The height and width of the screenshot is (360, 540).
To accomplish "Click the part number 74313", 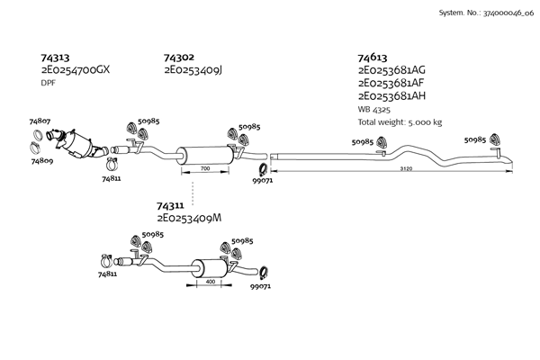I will click(56, 57).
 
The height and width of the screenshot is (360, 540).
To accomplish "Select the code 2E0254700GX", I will click(76, 69).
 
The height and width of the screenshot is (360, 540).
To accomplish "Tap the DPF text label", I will click(49, 83).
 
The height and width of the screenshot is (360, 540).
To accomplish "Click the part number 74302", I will click(178, 57).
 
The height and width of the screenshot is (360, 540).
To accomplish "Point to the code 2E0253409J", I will click(193, 69).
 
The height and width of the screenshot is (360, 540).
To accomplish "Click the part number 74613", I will click(373, 57).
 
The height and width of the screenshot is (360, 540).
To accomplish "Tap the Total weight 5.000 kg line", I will click(400, 121).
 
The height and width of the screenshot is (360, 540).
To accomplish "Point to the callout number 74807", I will click(40, 121).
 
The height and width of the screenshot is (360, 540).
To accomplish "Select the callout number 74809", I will click(41, 162).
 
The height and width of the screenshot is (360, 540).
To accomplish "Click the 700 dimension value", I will click(205, 169).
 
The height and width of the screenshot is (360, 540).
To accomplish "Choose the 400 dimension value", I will click(210, 282).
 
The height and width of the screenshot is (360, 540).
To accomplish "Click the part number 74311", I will click(171, 206).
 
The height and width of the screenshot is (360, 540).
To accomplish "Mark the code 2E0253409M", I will click(189, 219).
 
